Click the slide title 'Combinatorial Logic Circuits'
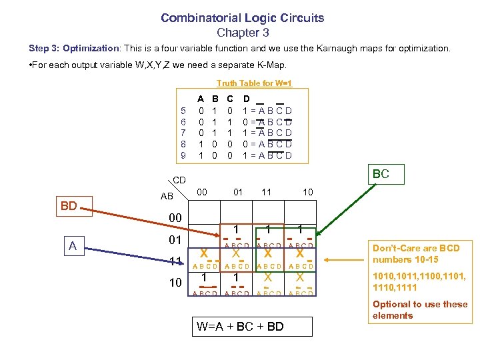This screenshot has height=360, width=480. pyautogui.click(x=242, y=18)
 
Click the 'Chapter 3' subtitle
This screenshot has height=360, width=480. pyautogui.click(x=242, y=32)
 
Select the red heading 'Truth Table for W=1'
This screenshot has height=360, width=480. pyautogui.click(x=254, y=83)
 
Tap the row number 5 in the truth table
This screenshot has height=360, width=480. pyautogui.click(x=183, y=111)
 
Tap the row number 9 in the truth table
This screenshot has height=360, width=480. pyautogui.click(x=183, y=156)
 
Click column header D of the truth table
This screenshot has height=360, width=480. pyautogui.click(x=247, y=99)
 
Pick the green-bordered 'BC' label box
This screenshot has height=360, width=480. pyautogui.click(x=381, y=175)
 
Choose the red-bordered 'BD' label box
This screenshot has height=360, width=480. pyautogui.click(x=69, y=206)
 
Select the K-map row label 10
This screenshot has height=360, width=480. pyautogui.click(x=175, y=283)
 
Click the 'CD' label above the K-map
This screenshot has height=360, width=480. pyautogui.click(x=179, y=180)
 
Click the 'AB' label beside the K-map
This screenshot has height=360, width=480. pyautogui.click(x=167, y=197)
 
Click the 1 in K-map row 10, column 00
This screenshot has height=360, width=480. pyautogui.click(x=205, y=277)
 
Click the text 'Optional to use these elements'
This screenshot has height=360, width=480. pyautogui.click(x=419, y=310)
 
